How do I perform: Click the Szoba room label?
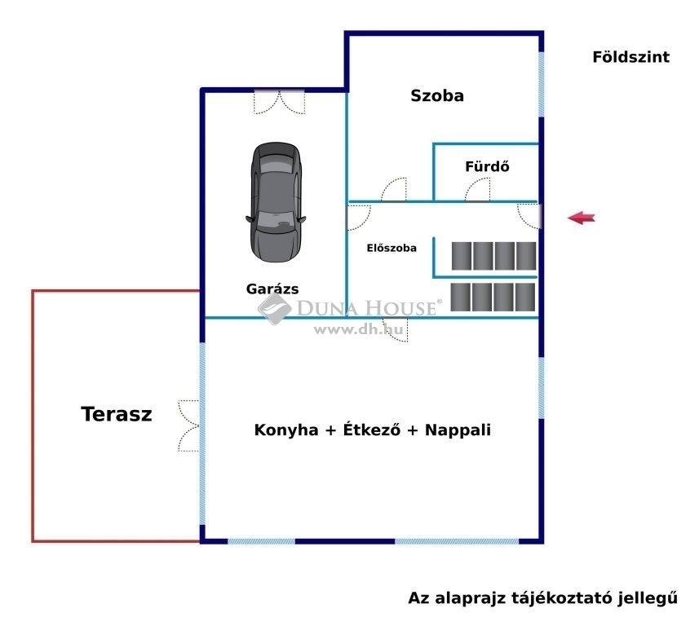pyautogui.click(x=437, y=95)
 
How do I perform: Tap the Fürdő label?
pyautogui.click(x=487, y=166)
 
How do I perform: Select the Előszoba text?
pyautogui.click(x=392, y=248)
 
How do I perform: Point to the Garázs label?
pyautogui.click(x=272, y=289)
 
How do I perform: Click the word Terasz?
pyautogui.click(x=117, y=414)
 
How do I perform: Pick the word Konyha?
pyautogui.click(x=286, y=430)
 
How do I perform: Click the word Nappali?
pyautogui.click(x=458, y=430)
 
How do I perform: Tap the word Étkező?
pyautogui.click(x=371, y=429)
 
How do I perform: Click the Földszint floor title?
pyautogui.click(x=630, y=56)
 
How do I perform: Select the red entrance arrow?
pyautogui.click(x=582, y=218)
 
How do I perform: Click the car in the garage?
pyautogui.click(x=276, y=202)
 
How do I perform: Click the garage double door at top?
pyautogui.click(x=280, y=102)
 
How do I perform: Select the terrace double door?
pyautogui.click(x=188, y=425)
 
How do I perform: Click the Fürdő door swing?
pyautogui.click(x=477, y=189)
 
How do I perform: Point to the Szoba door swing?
pyautogui.click(x=394, y=189)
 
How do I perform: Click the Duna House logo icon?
pyautogui.click(x=274, y=307)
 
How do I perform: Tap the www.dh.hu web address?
pyautogui.click(x=358, y=329)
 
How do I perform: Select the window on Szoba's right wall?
pyautogui.click(x=542, y=85)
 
